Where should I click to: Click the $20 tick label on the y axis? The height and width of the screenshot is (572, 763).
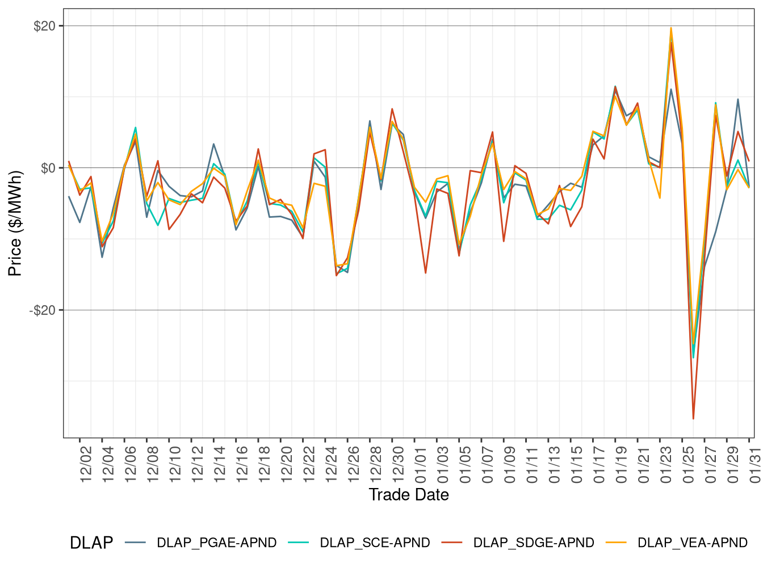pos(44,26)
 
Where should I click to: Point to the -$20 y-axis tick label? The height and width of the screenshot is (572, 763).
pos(43,310)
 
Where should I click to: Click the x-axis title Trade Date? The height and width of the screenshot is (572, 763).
pos(409,495)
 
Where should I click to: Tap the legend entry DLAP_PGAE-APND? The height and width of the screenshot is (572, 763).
pos(216,543)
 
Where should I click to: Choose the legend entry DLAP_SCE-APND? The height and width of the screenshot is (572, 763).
pos(375,543)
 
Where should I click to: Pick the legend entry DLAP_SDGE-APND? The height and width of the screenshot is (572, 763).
pos(533,543)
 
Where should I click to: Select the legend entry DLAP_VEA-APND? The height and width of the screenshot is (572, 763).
pos(692,543)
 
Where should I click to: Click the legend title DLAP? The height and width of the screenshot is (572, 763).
pos(91,543)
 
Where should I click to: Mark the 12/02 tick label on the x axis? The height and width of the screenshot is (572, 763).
pos(86,464)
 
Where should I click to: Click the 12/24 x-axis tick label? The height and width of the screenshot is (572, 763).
pos(331,464)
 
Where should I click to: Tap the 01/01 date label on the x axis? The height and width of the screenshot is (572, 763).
pos(421,464)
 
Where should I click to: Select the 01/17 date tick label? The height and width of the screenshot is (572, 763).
pos(599,464)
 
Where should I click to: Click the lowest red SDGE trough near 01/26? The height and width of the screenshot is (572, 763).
pos(693,419)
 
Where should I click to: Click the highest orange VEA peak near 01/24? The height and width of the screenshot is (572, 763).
pos(671,28)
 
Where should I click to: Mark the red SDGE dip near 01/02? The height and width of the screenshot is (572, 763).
pos(425,273)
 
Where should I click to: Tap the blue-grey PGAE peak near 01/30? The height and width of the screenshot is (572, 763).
pos(738,99)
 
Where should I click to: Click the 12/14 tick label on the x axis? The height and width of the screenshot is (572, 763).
pos(220,464)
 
